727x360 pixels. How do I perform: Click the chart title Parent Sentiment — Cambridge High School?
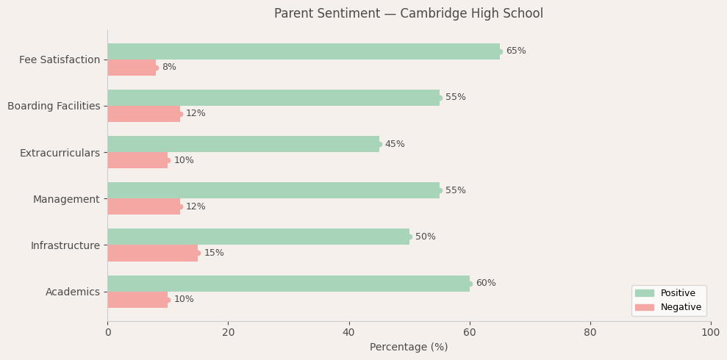pyautogui.click(x=409, y=14)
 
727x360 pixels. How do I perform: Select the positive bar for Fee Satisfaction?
pyautogui.click(x=304, y=51)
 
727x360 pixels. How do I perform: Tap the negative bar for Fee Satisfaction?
pyautogui.click(x=132, y=68)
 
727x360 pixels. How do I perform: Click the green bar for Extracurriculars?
pyautogui.click(x=243, y=144)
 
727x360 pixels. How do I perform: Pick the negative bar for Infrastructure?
pyautogui.click(x=153, y=253)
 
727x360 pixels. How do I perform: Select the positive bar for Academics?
pyautogui.click(x=288, y=284)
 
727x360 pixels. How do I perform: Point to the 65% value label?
pyautogui.click(x=516, y=51)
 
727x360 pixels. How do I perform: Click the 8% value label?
pyautogui.click(x=169, y=68)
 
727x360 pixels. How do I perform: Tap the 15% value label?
pyautogui.click(x=214, y=253)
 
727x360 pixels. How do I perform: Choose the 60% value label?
pyautogui.click(x=486, y=284)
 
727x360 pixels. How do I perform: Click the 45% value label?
pyautogui.click(x=395, y=145)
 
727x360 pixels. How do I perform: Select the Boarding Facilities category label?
pyautogui.click(x=54, y=107)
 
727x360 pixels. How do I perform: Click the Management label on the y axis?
pyautogui.click(x=66, y=199)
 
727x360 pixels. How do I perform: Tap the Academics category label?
pyautogui.click(x=73, y=292)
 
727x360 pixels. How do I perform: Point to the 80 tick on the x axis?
pyautogui.click(x=590, y=333)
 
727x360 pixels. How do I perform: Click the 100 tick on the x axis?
pyautogui.click(x=710, y=333)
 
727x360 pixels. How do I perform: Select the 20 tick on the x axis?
pyautogui.click(x=228, y=333)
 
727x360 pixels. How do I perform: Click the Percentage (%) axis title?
pyautogui.click(x=409, y=348)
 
